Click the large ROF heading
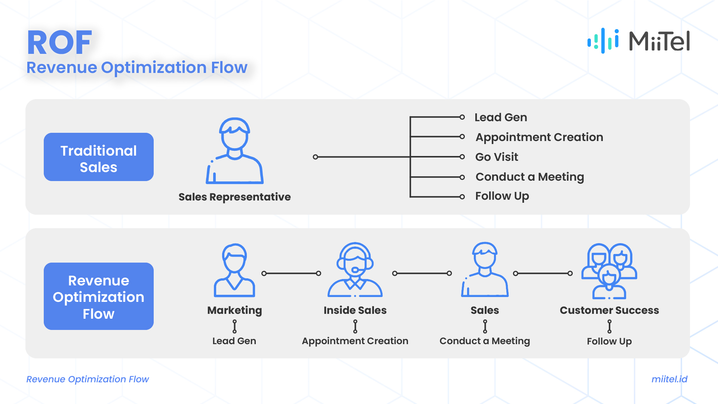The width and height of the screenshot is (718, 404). tap(60, 43)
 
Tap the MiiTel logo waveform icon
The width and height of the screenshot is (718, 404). tap(603, 41)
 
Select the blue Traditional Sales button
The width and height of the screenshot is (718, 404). tap(99, 157)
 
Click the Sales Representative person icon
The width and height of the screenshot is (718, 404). tap(234, 151)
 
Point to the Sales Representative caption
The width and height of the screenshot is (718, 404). tap(234, 197)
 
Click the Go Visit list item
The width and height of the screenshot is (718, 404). tap(497, 157)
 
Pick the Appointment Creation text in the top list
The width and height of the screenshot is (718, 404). tap(539, 137)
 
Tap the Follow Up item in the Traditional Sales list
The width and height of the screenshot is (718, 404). tap(502, 196)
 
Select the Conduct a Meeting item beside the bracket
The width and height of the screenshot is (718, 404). tap(530, 177)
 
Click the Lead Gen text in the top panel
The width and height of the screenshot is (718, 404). tap(501, 117)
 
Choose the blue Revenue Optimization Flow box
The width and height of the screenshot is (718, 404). tap(99, 296)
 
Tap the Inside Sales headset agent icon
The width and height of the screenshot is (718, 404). tap(355, 270)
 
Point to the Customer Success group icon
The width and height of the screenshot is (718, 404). tap(609, 271)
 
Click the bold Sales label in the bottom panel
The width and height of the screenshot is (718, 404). tap(485, 310)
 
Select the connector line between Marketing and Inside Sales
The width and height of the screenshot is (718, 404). tap(291, 273)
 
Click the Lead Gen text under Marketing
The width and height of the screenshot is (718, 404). tap(234, 341)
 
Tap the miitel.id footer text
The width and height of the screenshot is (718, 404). tap(669, 379)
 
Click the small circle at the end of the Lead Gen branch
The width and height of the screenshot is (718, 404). tap(462, 117)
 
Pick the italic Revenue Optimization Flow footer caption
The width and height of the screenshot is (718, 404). tap(88, 379)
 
